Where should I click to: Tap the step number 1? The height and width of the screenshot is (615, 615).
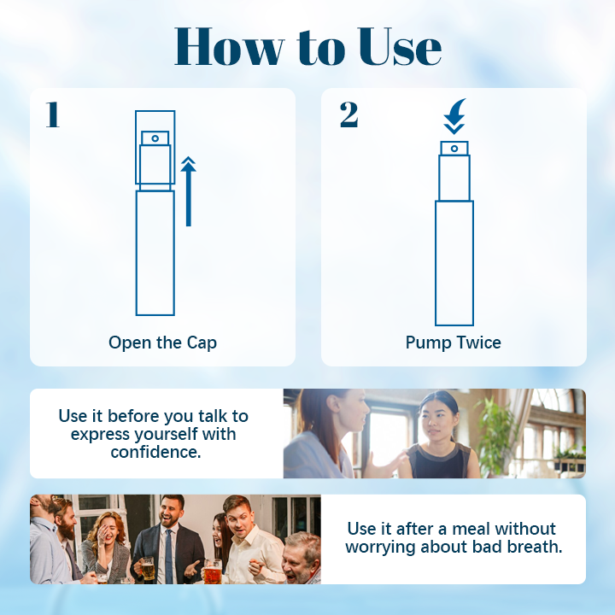pyautogui.click(x=52, y=115)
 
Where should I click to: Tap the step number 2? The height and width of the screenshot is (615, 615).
pyautogui.click(x=348, y=115)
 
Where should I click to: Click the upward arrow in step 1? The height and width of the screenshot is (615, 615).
pyautogui.click(x=188, y=191)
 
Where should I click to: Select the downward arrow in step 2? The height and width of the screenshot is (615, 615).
pyautogui.click(x=454, y=116)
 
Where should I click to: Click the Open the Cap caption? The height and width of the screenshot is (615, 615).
pyautogui.click(x=162, y=343)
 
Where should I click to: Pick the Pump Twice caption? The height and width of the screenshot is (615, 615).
pyautogui.click(x=454, y=343)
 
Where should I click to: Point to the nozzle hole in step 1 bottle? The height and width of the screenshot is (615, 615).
pyautogui.click(x=155, y=137)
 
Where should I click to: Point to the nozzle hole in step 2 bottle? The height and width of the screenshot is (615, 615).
pyautogui.click(x=454, y=149)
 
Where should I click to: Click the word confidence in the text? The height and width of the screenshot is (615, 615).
pyautogui.click(x=155, y=452)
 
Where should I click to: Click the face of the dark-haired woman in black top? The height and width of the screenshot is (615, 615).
pyautogui.click(x=438, y=413)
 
